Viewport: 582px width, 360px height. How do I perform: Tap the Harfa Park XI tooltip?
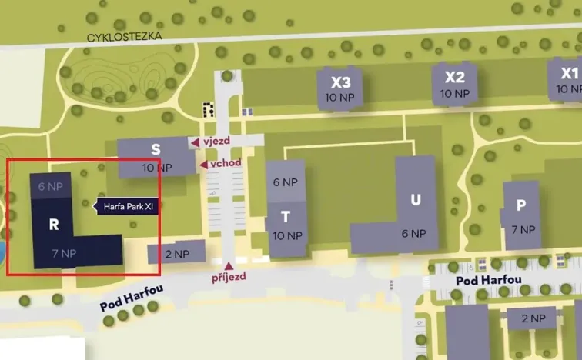pos(129,205)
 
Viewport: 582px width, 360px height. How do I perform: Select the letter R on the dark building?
pos(54,225)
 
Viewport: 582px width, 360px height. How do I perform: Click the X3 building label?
pos(340,82)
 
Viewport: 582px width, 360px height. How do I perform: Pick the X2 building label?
pos(455,77)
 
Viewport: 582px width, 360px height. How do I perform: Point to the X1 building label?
pos(569,74)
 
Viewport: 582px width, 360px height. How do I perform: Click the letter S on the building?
pos(156,150)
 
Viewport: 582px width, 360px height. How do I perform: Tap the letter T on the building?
pos(286,217)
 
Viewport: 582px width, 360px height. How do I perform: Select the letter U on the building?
pos(416,200)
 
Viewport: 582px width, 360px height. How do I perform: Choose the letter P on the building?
pos(522,205)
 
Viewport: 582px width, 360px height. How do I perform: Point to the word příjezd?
pos(228,277)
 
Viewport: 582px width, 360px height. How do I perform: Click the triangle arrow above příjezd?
pos(228,265)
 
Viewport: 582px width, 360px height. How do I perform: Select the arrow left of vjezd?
pos(195,142)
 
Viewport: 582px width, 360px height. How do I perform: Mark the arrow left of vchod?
pos(203,164)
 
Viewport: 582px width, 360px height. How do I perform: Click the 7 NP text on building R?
pos(64,253)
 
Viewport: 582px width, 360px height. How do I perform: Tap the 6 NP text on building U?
pos(413,234)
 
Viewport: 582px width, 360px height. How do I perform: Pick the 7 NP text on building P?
pos(523,230)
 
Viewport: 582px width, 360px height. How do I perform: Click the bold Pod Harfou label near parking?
pos(489,280)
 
